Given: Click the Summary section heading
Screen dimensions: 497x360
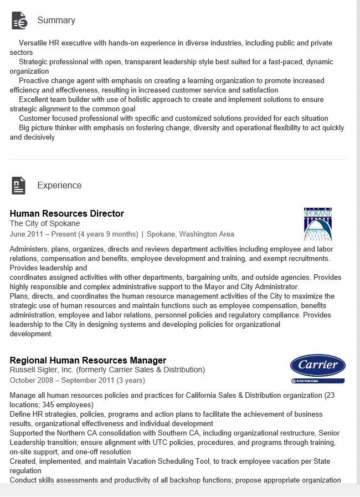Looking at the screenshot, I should (x=56, y=21).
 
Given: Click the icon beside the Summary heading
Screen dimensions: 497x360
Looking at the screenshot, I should (x=19, y=21).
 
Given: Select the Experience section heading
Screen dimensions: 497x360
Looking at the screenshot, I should (x=59, y=186).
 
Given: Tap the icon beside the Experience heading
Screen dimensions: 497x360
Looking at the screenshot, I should (x=19, y=186).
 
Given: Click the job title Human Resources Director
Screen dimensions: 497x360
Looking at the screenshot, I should (x=67, y=214).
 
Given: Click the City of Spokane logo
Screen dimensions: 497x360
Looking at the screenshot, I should (x=318, y=224).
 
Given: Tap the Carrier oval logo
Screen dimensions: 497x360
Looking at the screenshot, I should (x=318, y=366).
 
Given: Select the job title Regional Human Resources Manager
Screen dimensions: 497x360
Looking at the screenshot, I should (x=88, y=361).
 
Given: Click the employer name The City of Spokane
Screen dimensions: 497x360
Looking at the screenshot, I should (x=45, y=224).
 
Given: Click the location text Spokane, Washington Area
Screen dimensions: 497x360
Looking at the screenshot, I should (x=191, y=234).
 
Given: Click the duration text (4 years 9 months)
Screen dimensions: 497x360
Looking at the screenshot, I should (x=108, y=234).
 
